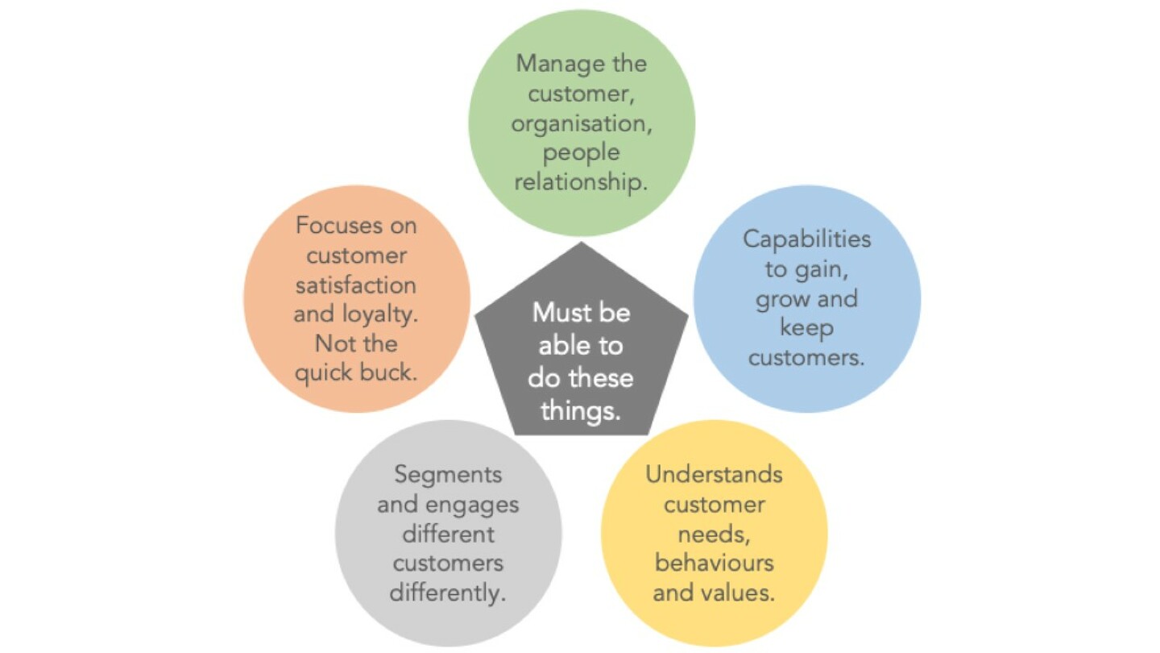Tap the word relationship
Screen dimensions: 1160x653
[581, 182]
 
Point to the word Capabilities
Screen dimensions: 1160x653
[807, 239]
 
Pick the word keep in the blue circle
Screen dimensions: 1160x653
[807, 329]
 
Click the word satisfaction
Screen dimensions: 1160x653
[356, 285]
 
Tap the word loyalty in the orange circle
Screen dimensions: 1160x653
[379, 314]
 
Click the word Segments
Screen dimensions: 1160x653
[448, 476]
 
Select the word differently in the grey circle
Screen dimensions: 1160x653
[447, 593]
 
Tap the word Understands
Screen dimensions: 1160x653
[714, 475]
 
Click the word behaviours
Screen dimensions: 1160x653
[714, 564]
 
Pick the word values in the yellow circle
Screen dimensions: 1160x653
[737, 593]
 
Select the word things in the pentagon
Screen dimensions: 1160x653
[581, 412]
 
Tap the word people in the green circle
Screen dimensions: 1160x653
[581, 154]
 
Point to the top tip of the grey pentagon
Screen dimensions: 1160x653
[581, 242]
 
